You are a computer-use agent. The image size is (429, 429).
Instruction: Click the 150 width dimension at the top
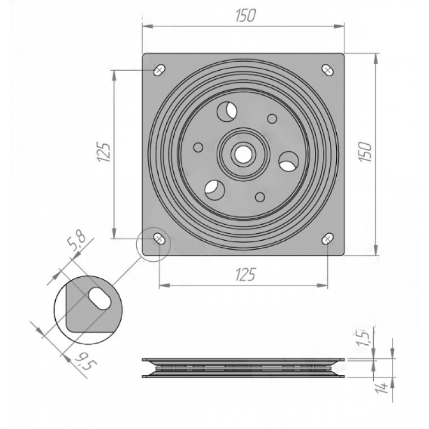point(246,16)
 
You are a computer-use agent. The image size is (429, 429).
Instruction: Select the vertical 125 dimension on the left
point(105,152)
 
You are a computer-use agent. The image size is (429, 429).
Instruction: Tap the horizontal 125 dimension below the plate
point(246,275)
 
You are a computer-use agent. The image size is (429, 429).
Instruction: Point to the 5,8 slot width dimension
point(77,240)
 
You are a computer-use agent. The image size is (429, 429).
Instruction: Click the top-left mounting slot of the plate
point(159,70)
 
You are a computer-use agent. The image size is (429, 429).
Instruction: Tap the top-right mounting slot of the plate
point(328,70)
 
